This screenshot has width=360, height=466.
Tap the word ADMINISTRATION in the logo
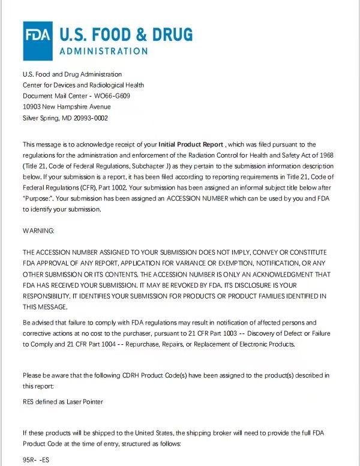tap(103, 51)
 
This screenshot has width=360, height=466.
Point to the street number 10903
tap(32, 107)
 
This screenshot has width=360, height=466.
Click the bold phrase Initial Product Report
tap(191, 145)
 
